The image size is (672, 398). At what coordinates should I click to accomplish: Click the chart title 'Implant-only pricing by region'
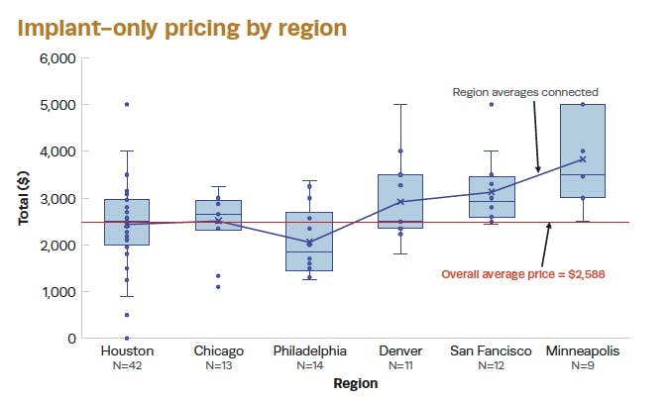pyautogui.click(x=182, y=27)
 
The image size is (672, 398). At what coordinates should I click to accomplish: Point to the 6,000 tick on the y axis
pyautogui.click(x=56, y=58)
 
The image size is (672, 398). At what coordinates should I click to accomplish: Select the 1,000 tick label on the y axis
pyautogui.click(x=56, y=292)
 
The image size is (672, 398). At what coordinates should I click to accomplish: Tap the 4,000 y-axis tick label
pyautogui.click(x=56, y=151)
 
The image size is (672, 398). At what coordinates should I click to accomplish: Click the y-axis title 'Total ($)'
pyautogui.click(x=23, y=198)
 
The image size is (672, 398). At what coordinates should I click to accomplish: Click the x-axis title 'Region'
pyautogui.click(x=355, y=383)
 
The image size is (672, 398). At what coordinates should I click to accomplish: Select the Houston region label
pyautogui.click(x=126, y=350)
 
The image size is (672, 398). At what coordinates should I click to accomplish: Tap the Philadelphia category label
pyautogui.click(x=309, y=350)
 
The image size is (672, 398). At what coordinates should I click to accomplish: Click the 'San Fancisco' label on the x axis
pyautogui.click(x=492, y=350)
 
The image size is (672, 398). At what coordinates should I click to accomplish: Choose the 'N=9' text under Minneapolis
pyautogui.click(x=583, y=365)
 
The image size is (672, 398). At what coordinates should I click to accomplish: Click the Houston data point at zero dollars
pyautogui.click(x=127, y=339)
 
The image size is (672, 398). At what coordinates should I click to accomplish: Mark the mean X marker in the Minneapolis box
pyautogui.click(x=583, y=159)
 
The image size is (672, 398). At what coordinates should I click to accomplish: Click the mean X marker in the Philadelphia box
pyautogui.click(x=309, y=243)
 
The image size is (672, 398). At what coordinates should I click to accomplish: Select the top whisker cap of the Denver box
pyautogui.click(x=400, y=104)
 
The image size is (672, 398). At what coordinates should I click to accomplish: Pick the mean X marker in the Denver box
pyautogui.click(x=400, y=202)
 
